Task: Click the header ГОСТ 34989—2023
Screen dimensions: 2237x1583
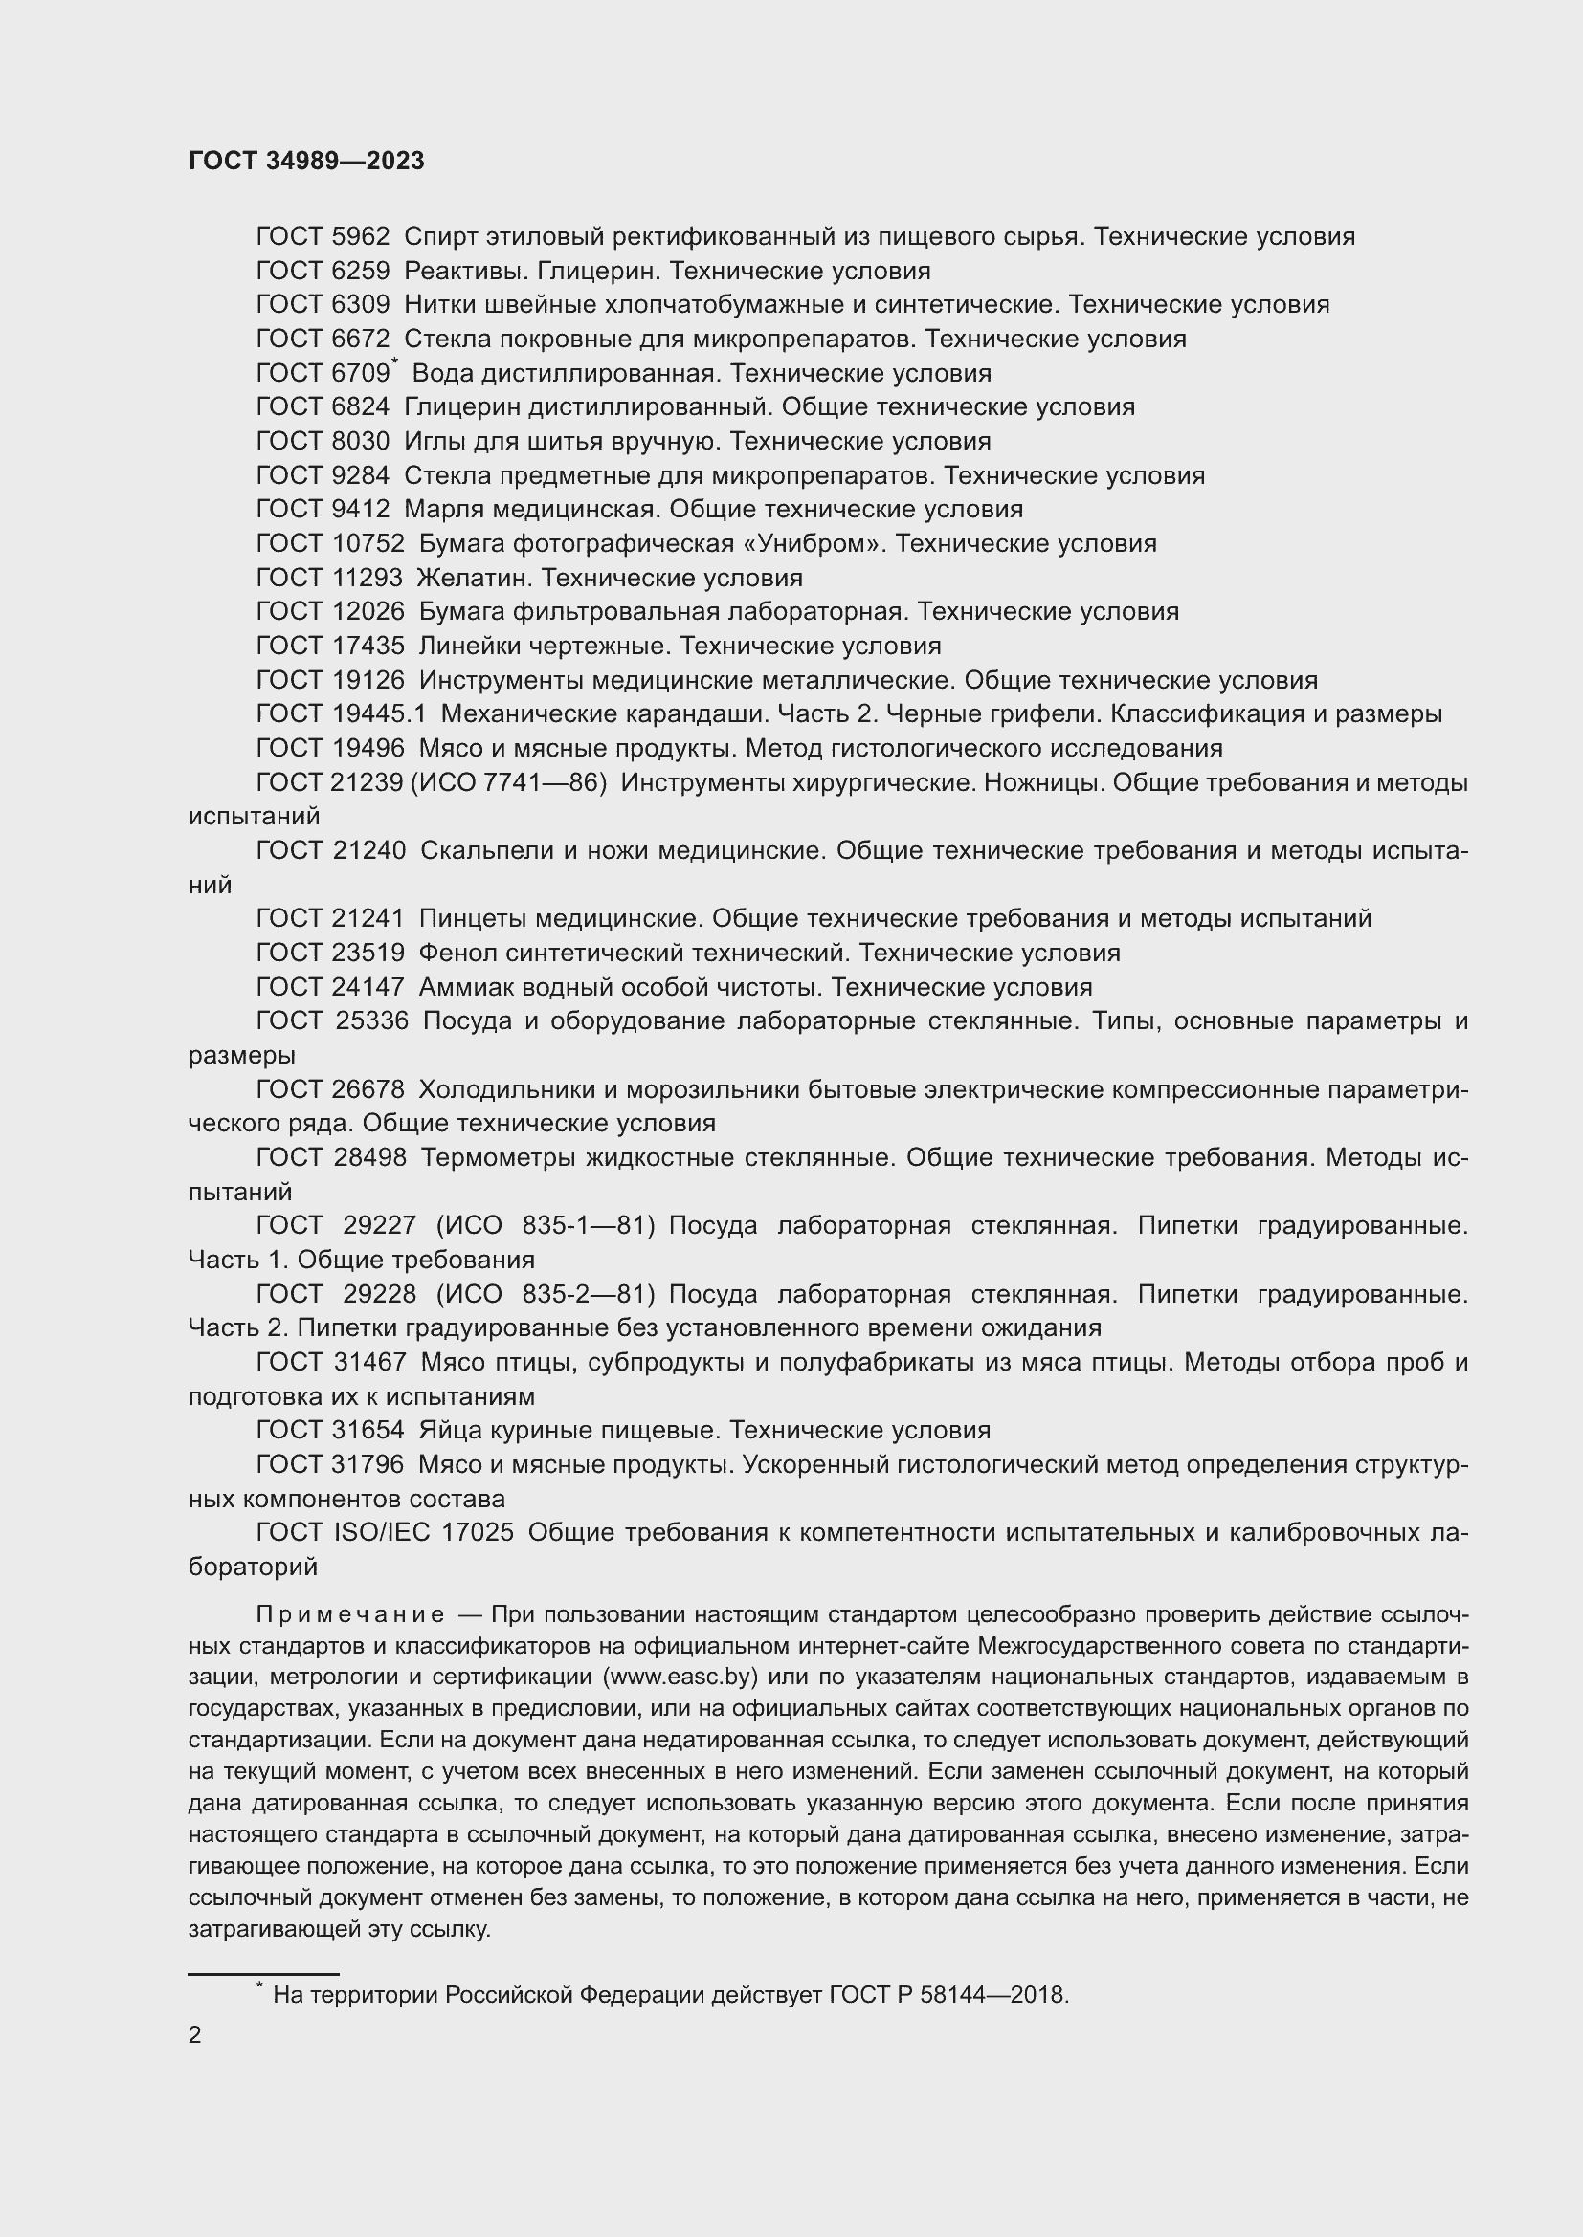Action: [306, 162]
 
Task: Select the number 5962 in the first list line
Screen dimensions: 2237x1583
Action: [361, 237]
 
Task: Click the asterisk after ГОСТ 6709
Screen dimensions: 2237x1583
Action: [394, 362]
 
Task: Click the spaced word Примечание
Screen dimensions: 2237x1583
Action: [350, 1614]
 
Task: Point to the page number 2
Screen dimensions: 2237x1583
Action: [195, 2035]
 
